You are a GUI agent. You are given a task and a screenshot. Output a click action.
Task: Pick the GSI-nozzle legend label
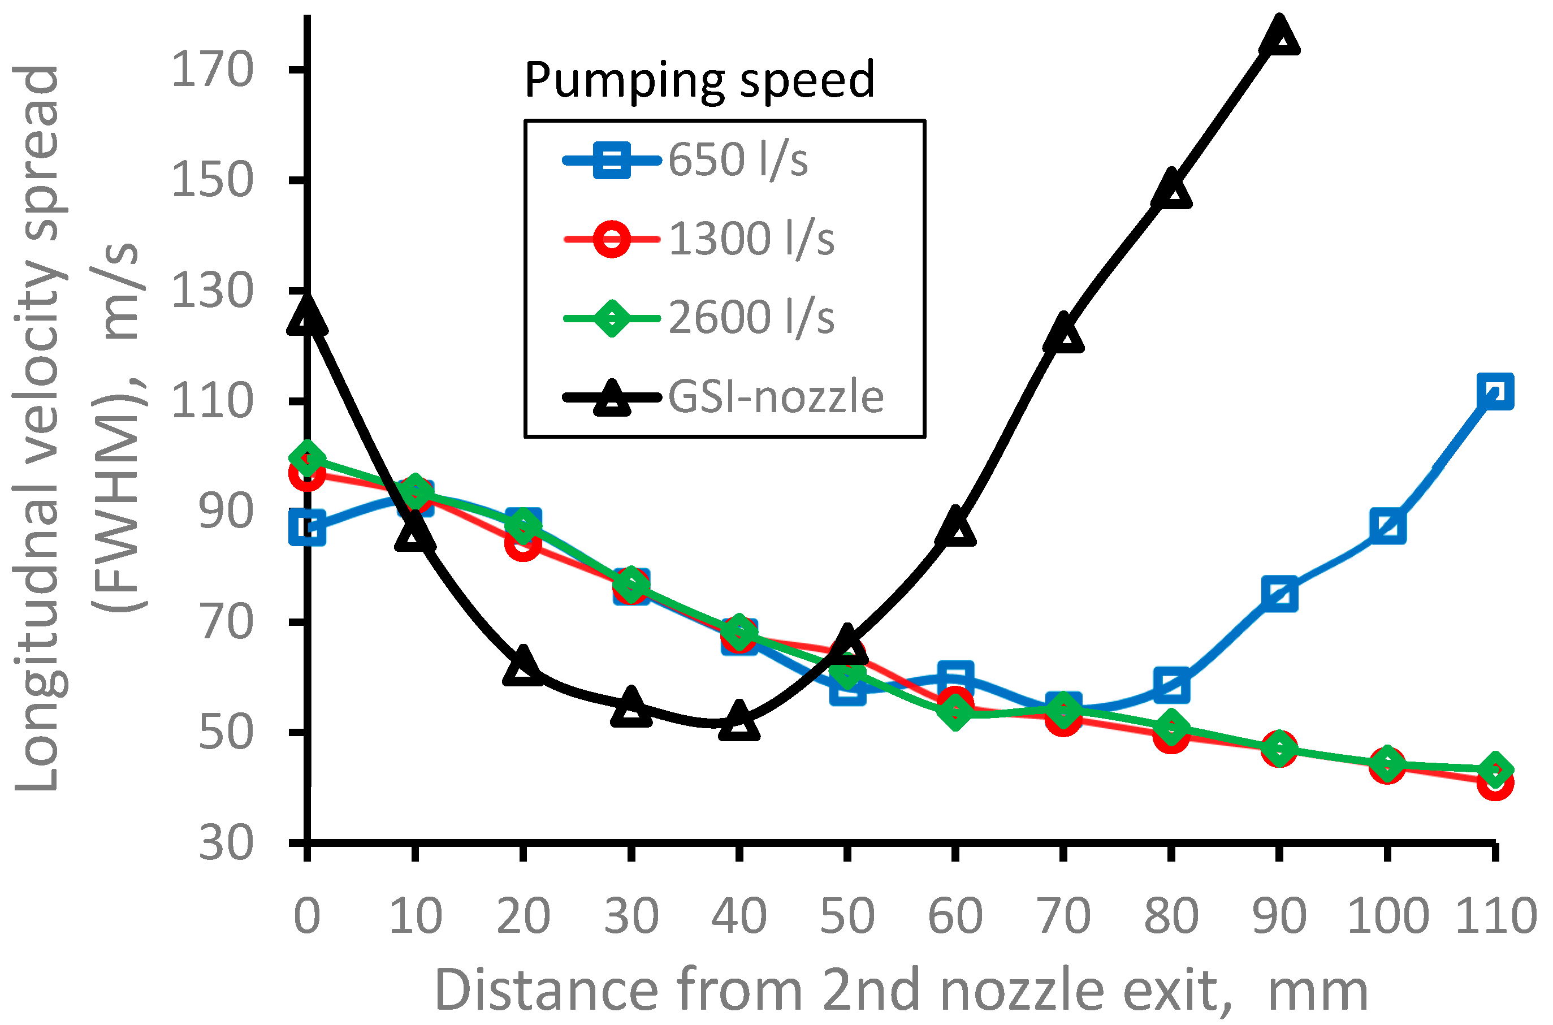pyautogui.click(x=775, y=397)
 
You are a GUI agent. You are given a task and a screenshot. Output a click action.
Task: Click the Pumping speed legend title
pyautogui.click(x=699, y=80)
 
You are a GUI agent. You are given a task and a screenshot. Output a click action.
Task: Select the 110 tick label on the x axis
pyautogui.click(x=1495, y=916)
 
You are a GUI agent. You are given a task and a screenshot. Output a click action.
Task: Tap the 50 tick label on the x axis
pyautogui.click(x=847, y=916)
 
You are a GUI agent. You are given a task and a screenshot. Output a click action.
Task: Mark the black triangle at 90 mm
pyautogui.click(x=1279, y=37)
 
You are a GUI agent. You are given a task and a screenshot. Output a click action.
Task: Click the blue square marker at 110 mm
pyautogui.click(x=1495, y=392)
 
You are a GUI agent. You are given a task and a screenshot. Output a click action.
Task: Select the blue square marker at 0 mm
pyautogui.click(x=307, y=527)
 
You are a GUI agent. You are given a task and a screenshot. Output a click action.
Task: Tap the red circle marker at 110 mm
pyautogui.click(x=1495, y=784)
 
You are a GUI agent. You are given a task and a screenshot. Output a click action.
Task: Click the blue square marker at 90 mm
pyautogui.click(x=1280, y=594)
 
